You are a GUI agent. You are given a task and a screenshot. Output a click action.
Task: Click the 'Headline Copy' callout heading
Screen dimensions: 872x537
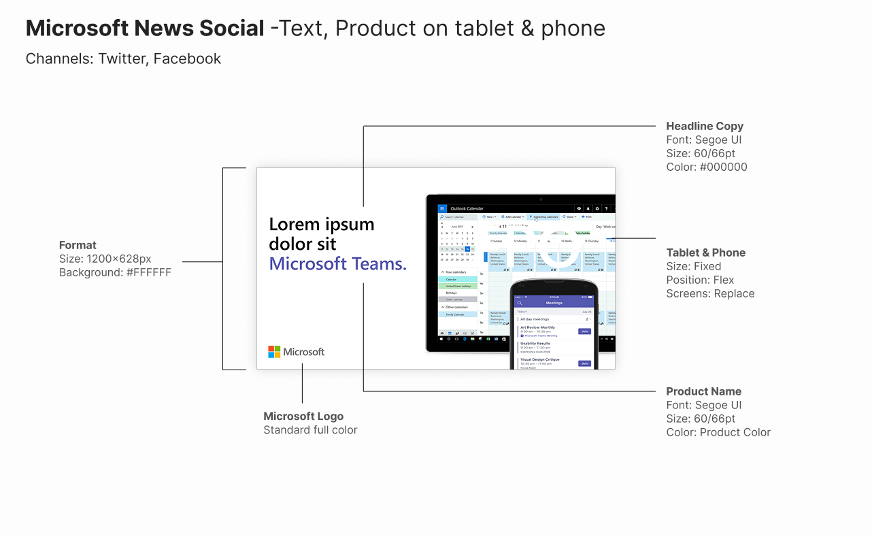pos(705,126)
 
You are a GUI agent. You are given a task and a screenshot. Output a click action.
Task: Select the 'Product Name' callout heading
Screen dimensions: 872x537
pos(703,391)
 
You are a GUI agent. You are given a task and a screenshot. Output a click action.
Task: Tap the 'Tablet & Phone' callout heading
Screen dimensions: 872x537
pos(705,253)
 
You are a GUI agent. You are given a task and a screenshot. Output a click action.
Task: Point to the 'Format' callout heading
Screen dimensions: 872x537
pos(78,245)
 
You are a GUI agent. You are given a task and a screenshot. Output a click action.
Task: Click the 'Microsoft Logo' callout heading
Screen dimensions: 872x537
pos(303,416)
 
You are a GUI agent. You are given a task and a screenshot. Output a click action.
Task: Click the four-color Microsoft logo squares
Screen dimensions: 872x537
pos(274,352)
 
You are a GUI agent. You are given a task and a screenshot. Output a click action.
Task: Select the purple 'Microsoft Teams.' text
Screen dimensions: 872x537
pos(337,263)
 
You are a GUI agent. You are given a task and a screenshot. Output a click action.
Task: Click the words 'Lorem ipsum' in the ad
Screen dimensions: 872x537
pos(322,224)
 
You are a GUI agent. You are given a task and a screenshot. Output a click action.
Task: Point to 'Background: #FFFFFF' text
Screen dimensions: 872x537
pos(115,272)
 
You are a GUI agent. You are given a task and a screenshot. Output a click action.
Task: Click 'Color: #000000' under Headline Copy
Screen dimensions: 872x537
pos(707,167)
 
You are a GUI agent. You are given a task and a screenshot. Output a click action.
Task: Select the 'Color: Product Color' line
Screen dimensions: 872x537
pos(718,432)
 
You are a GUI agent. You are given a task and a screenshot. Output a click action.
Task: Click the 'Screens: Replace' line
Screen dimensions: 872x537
pos(710,293)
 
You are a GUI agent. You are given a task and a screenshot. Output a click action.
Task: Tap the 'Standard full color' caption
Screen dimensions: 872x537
pos(310,429)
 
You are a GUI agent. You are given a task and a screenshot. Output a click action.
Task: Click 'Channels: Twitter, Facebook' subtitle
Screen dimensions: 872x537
pos(123,59)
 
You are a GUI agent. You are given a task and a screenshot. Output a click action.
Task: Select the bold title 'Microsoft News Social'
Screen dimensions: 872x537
pos(145,29)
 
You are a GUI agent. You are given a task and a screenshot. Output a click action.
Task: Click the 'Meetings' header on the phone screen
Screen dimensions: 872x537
pos(554,303)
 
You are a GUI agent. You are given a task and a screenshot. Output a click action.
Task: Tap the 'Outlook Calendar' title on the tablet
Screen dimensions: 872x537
pos(467,208)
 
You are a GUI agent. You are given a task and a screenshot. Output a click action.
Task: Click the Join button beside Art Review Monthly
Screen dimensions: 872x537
pos(584,331)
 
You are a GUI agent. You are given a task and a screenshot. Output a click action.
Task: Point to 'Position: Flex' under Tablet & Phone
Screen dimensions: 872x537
pos(700,280)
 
